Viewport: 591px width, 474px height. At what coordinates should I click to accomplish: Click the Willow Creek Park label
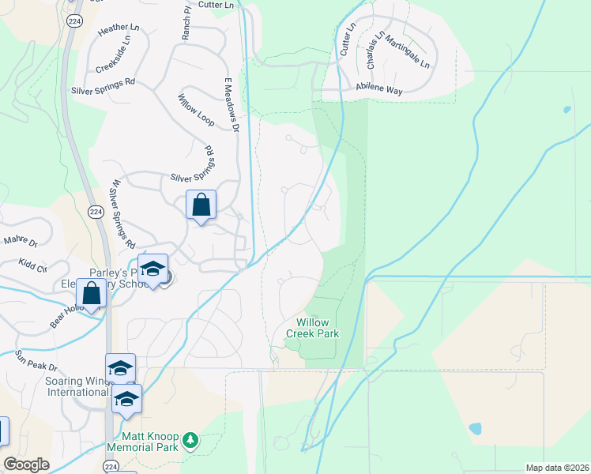click(318, 328)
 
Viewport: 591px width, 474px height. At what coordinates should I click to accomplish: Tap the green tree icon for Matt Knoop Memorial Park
click(190, 439)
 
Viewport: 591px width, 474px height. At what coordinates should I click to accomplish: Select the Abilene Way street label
click(379, 92)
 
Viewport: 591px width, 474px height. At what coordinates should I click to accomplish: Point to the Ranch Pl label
click(187, 24)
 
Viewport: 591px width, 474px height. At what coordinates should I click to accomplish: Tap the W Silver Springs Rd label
click(123, 213)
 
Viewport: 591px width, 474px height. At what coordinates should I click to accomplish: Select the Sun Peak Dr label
click(36, 362)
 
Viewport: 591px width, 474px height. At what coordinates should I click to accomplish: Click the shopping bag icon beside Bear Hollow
click(92, 293)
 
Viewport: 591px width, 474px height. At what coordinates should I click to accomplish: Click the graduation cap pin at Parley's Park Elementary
click(152, 269)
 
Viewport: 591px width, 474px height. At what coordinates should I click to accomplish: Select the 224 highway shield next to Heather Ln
click(74, 20)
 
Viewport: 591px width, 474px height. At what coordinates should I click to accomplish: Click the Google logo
click(26, 465)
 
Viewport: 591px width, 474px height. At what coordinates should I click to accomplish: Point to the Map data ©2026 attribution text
click(556, 468)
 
